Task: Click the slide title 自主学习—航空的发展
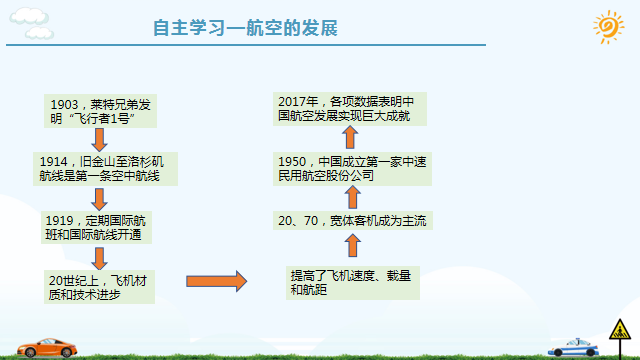coord(245,27)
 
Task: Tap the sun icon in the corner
coord(608,27)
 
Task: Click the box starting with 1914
coord(106,168)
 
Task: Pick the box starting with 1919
coord(98,227)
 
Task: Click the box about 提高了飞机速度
coord(351,282)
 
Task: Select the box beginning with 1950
coord(351,168)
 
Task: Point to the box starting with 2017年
coord(351,108)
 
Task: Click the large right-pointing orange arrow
coord(215,281)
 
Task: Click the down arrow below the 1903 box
coord(99,140)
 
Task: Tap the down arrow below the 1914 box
coord(99,198)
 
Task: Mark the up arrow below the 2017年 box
coord(351,138)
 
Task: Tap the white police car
coord(576,347)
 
